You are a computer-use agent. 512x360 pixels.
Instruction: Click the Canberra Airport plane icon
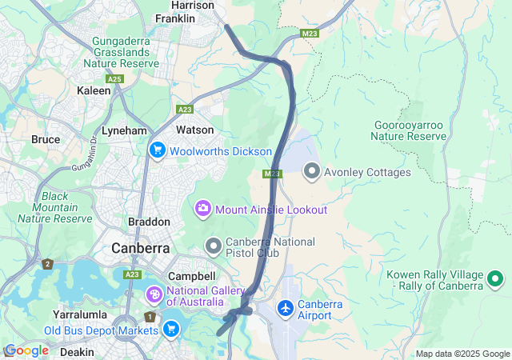click(285, 308)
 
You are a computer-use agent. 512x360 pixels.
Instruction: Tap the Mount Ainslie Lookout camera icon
click(203, 209)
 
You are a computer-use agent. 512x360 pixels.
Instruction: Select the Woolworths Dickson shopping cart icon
click(157, 150)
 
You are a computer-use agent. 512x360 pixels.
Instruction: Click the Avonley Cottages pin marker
click(311, 171)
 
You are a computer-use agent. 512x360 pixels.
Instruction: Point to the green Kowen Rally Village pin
click(495, 279)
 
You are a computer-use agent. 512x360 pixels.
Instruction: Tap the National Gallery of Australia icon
click(154, 296)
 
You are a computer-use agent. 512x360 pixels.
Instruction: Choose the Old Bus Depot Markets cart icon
click(170, 329)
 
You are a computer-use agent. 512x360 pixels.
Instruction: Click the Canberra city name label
click(140, 248)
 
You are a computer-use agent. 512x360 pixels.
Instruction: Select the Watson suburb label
click(194, 130)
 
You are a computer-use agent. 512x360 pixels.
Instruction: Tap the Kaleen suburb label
click(94, 91)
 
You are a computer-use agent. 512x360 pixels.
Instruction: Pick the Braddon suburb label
click(149, 222)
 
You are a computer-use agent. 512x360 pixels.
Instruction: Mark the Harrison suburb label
click(193, 5)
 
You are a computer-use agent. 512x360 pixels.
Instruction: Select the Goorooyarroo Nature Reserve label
click(410, 130)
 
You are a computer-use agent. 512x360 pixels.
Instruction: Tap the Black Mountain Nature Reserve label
click(55, 207)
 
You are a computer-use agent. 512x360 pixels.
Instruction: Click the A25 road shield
click(114, 78)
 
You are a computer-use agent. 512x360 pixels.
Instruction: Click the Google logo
click(26, 350)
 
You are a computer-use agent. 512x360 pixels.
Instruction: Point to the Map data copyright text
click(462, 354)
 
